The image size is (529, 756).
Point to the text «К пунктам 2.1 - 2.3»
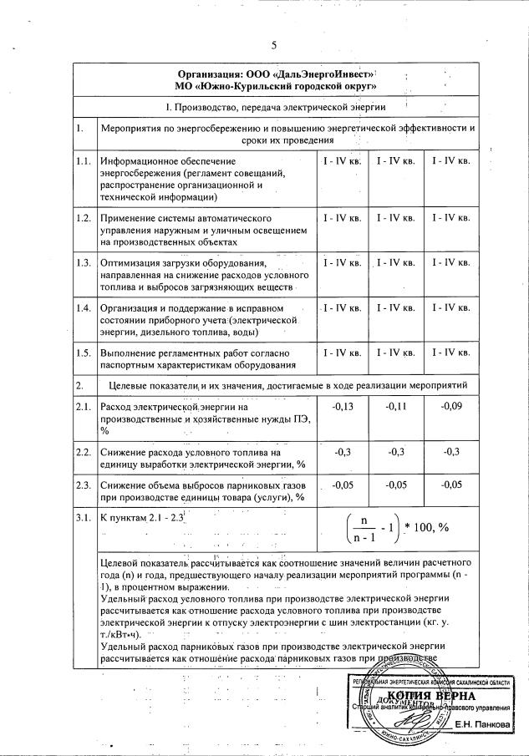(x=141, y=519)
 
